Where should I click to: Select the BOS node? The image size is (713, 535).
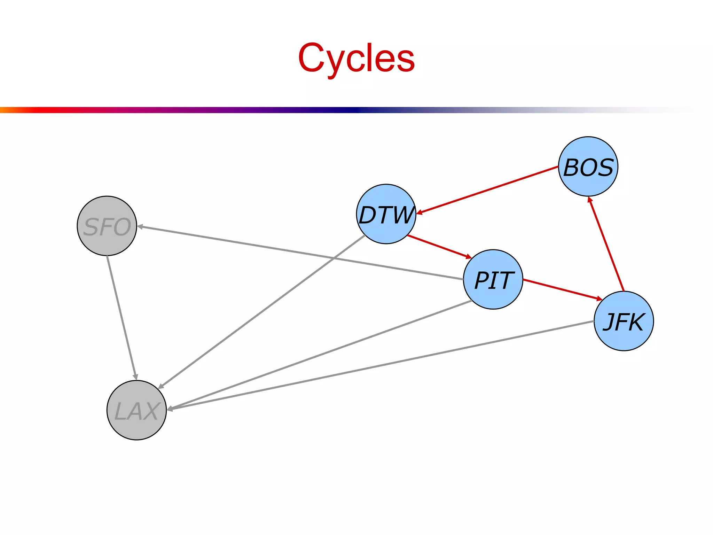tap(588, 166)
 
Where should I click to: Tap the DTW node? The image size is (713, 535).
tap(386, 214)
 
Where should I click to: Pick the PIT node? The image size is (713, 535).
tap(493, 279)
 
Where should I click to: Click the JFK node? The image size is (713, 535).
tap(624, 321)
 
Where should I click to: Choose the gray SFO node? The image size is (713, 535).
tap(107, 226)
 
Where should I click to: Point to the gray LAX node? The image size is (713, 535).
tap(136, 410)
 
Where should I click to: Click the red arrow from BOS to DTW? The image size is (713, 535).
tap(487, 190)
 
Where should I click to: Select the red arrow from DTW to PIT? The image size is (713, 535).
tap(439, 247)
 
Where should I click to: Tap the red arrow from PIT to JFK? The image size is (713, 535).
tap(562, 289)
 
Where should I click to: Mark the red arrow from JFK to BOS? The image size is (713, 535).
tap(606, 244)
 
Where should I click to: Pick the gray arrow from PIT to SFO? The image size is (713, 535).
tap(299, 253)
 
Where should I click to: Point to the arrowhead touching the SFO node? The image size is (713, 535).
tap(140, 227)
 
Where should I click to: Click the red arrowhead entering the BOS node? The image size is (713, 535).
tap(589, 200)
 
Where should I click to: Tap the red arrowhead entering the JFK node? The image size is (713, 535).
tap(599, 299)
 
